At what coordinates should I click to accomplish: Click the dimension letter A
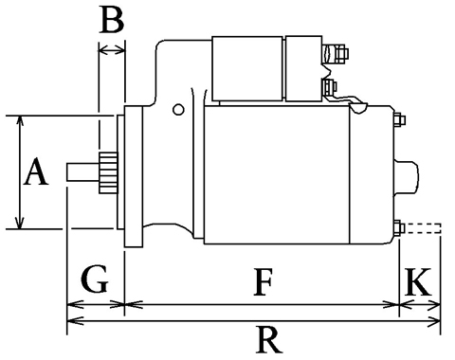pos(37,172)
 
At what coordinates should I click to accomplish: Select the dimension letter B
pos(112,20)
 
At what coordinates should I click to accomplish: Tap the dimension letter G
pos(95,279)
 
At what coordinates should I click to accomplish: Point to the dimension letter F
pos(263,282)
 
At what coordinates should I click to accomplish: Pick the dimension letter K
pos(418,282)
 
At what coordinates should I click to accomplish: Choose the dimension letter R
pos(268,340)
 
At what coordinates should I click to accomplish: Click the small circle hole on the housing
pos(178,110)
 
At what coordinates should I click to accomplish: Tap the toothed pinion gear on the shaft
pos(108,172)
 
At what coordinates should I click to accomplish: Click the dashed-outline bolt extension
pos(423,228)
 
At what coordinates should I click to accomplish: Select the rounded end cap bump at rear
pos(407,176)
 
